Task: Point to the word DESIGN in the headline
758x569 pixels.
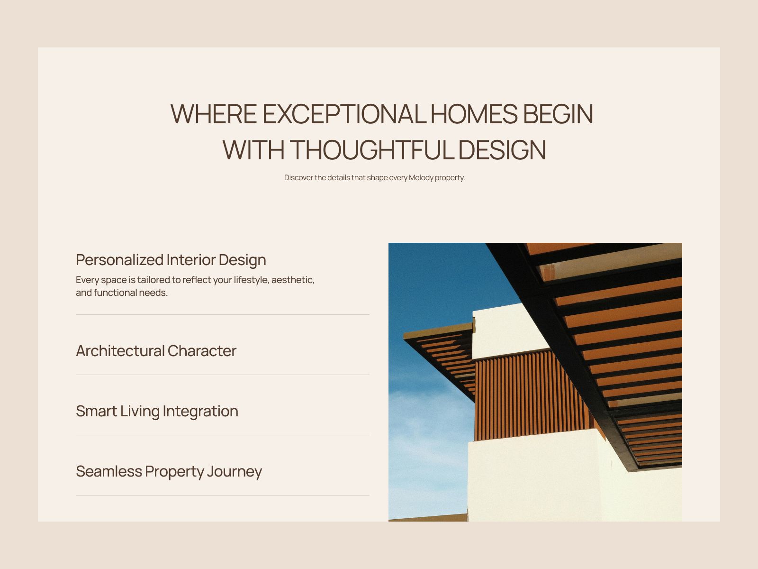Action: (x=502, y=150)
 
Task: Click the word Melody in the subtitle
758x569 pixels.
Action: (x=421, y=178)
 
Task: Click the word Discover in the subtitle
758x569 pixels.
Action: (x=298, y=178)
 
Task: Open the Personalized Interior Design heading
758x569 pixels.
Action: (x=171, y=260)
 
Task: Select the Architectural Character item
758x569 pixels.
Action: (x=156, y=351)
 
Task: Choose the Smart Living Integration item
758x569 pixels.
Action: (x=157, y=411)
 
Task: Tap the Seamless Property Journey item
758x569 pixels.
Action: (x=169, y=471)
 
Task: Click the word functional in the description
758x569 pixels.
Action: (x=115, y=293)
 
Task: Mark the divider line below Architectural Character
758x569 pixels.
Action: (x=223, y=375)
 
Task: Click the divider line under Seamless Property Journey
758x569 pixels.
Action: (x=223, y=496)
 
